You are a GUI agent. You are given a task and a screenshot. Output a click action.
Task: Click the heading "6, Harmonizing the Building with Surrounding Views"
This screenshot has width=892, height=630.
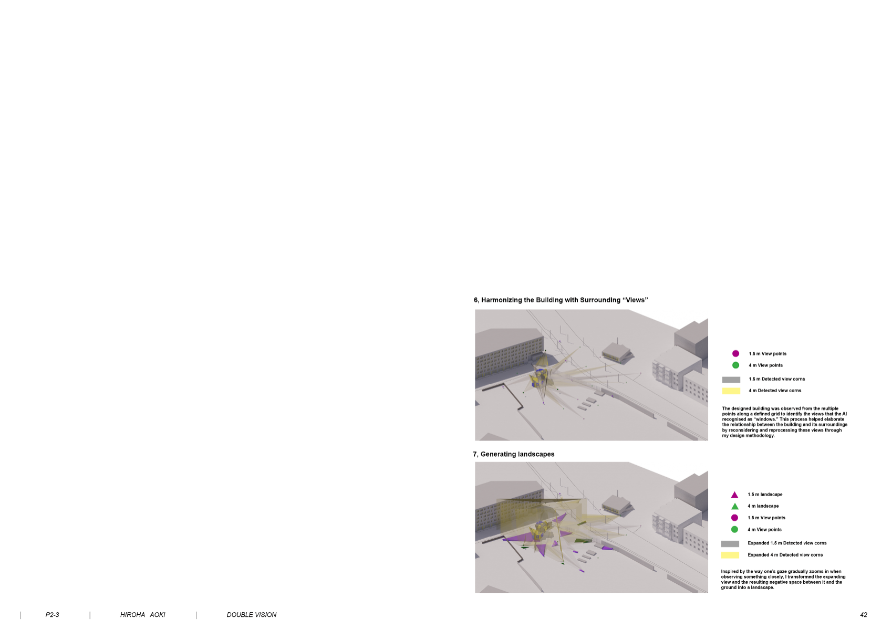point(561,300)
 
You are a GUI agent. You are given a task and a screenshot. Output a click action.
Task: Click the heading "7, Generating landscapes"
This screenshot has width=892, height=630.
point(513,454)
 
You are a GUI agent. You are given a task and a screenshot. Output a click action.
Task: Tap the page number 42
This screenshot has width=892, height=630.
point(863,614)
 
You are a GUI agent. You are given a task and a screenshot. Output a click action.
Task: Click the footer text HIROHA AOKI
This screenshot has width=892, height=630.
point(142,614)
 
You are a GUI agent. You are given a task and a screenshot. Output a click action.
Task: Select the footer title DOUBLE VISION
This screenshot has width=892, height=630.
point(251,614)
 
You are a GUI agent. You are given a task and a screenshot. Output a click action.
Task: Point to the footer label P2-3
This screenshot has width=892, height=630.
point(52,614)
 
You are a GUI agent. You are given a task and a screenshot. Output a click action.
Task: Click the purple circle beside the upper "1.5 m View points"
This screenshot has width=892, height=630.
point(735,353)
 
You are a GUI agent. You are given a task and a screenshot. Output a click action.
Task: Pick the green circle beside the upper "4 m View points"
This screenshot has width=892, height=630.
point(735,365)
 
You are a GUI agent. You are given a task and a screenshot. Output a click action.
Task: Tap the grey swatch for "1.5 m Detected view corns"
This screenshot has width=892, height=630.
point(731,380)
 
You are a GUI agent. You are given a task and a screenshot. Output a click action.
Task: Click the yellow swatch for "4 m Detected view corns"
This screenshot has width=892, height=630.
point(731,391)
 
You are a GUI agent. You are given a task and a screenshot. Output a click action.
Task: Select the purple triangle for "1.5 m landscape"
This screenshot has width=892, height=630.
point(735,495)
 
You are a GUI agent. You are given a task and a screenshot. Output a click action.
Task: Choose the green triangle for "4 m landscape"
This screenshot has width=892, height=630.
point(735,506)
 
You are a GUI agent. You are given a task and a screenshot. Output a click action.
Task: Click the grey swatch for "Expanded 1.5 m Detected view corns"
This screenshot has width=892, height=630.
point(730,544)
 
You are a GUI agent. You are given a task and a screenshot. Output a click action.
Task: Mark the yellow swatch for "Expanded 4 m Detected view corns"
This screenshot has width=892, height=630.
point(730,555)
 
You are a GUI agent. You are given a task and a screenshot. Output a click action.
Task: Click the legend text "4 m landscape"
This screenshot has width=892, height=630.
point(763,506)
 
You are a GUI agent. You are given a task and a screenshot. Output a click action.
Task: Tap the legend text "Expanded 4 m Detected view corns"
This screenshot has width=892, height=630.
point(785,555)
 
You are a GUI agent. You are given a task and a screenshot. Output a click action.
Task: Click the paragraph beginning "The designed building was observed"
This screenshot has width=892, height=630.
point(784,422)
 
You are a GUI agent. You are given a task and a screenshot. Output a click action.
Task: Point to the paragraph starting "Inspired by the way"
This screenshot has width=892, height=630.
point(783,580)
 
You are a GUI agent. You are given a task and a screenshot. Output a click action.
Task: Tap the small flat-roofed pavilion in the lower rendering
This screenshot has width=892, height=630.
point(616,504)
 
